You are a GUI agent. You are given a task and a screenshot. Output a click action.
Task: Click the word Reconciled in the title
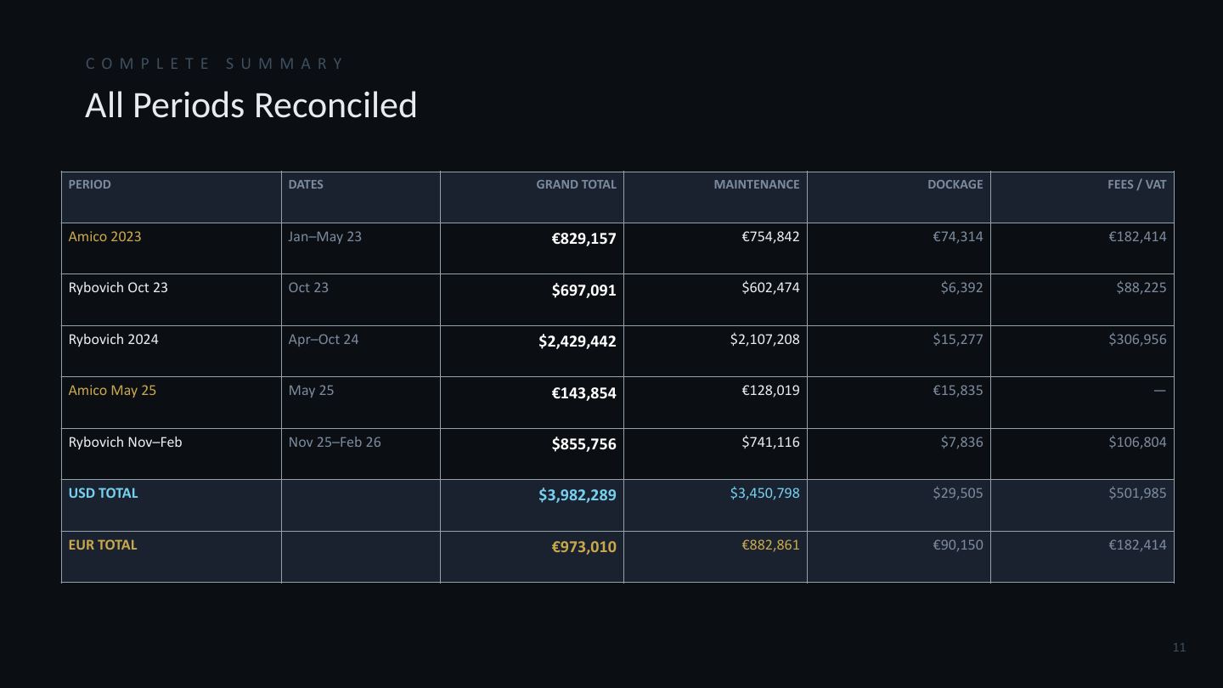pos(335,104)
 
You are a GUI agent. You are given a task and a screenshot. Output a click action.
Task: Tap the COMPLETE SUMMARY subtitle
pos(215,64)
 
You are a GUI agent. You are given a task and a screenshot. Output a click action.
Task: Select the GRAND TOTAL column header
pos(576,184)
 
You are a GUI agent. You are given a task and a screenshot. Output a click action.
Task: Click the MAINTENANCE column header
pos(756,184)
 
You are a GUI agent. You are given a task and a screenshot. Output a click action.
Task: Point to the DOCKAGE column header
pos(955,184)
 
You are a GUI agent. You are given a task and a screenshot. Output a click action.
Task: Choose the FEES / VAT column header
pos(1136,184)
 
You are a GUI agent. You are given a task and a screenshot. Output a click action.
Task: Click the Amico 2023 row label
pos(104,236)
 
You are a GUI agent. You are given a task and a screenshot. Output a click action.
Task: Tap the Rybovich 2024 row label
pos(113,339)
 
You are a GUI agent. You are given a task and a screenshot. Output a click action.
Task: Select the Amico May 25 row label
pos(112,391)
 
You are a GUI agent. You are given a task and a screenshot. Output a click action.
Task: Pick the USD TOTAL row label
pos(104,493)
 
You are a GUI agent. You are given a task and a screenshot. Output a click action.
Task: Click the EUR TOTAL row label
pos(103,545)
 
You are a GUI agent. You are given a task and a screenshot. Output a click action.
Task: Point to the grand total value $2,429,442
pos(578,341)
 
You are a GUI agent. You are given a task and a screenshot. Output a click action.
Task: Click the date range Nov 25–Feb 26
pos(335,442)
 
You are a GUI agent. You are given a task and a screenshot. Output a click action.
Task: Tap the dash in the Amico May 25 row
pos(1159,391)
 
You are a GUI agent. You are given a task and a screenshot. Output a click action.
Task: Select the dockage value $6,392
pos(961,288)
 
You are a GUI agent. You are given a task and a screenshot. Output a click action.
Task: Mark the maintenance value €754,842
pos(770,236)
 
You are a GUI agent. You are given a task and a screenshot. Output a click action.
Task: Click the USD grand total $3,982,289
pos(578,495)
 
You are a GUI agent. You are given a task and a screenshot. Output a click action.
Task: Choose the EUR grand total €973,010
pos(583,547)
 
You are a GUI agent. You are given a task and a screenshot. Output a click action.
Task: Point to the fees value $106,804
pos(1137,442)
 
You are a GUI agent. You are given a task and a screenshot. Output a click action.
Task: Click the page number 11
pos(1179,647)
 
